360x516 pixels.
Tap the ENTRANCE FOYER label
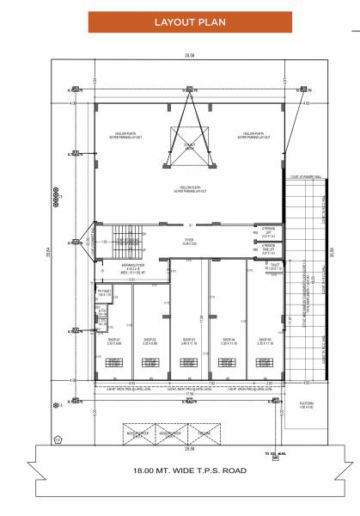(x=133, y=267)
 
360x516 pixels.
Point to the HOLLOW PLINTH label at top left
(x=131, y=136)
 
